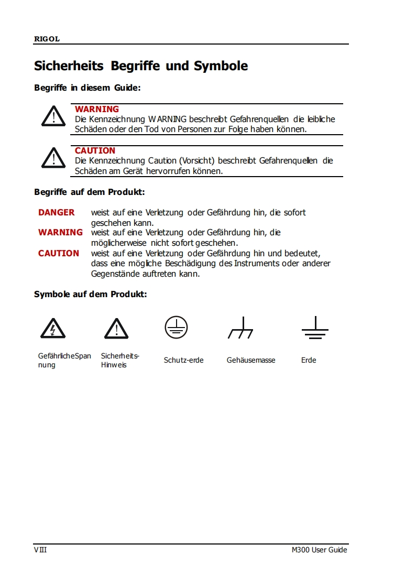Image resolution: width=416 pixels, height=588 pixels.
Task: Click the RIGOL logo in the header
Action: point(47,39)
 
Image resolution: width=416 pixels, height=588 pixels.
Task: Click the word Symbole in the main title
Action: point(221,66)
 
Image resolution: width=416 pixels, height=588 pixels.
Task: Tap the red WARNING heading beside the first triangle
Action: point(97,109)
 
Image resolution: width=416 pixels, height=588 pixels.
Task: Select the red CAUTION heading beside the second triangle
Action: point(95,150)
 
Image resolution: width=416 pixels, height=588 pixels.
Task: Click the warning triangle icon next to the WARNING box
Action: point(53,116)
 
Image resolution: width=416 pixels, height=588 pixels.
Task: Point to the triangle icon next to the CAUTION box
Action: point(53,158)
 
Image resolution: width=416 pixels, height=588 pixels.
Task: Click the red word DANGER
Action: point(57,212)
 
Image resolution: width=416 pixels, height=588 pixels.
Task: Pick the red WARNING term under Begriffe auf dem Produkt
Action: point(60,232)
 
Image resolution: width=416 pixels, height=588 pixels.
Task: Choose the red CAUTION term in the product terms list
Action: point(59,253)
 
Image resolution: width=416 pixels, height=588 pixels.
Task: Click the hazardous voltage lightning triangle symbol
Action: point(53,329)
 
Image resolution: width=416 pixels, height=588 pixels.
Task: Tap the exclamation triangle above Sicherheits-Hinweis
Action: point(116,329)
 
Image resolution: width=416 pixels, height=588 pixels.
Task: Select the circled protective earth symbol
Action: point(176,328)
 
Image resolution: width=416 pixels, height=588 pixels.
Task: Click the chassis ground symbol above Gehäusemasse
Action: point(241,329)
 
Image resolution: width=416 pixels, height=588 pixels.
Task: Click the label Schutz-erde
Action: point(183,360)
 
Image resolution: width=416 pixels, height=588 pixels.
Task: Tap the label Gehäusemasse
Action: point(251,360)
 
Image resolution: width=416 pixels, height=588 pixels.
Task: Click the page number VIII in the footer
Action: point(40,550)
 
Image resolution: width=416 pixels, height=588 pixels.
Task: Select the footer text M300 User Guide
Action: point(320,550)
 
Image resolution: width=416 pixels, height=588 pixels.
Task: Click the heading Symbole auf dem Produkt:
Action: point(90,294)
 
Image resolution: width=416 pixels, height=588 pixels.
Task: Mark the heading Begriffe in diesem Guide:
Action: point(87,88)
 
